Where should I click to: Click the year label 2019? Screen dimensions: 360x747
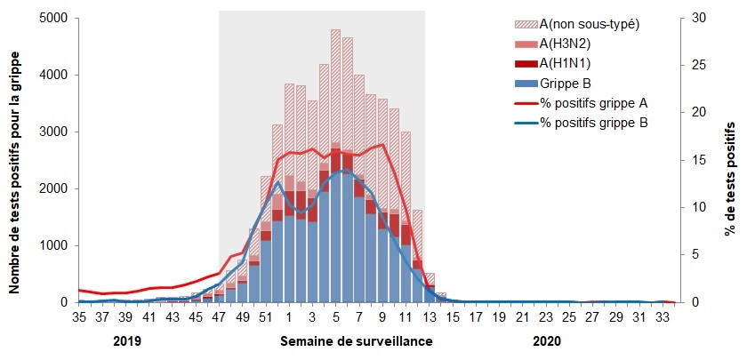coord(128,340)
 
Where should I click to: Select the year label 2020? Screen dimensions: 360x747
coord(547,340)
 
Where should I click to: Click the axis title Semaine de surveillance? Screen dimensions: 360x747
coord(357,341)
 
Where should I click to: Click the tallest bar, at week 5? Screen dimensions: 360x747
coord(335,169)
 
